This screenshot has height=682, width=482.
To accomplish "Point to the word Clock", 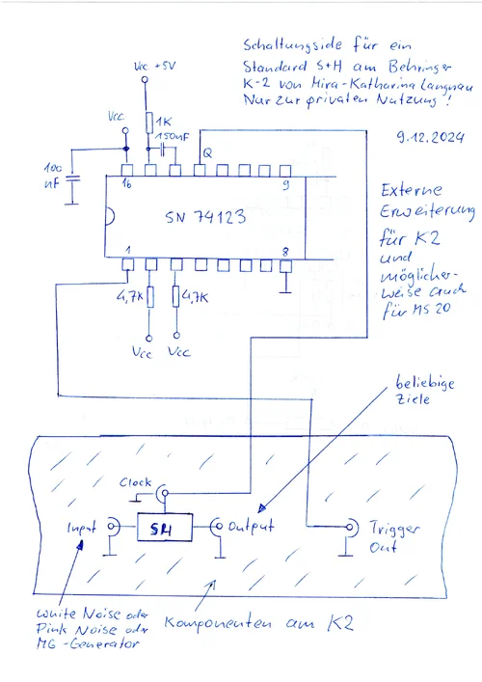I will tap(136, 481).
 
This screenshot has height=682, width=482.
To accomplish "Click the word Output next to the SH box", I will tap(254, 527).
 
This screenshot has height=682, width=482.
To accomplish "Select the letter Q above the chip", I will tap(205, 151).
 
